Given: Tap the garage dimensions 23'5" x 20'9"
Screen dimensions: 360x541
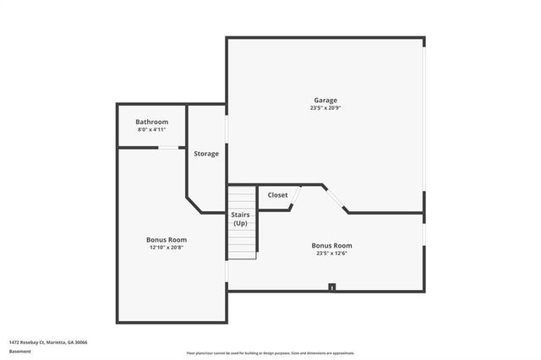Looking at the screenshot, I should pos(325,108).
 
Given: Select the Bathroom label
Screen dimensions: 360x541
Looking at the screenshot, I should pos(152,122).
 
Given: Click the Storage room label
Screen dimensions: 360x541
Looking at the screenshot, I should pos(206,154).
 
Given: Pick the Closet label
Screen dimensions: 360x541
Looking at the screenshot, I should pos(277,195).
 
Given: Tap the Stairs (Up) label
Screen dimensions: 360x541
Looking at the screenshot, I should pos(241,219).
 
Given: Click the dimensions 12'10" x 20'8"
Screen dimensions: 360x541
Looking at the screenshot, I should pos(167,247).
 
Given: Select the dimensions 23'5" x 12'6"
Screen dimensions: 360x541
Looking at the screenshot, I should pos(331,253).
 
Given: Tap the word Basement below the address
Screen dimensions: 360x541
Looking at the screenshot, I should pos(20,350).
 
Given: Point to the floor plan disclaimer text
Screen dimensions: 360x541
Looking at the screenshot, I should pos(270,353).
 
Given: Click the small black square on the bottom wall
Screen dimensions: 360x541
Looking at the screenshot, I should pos(332,287).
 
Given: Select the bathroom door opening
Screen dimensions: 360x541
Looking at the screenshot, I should pos(172,148).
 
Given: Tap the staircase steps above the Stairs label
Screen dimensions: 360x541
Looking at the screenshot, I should pos(242,199).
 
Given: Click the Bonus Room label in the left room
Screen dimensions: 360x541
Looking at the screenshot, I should pos(167,239).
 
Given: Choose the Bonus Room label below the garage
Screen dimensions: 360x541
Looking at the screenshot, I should pos(331,245).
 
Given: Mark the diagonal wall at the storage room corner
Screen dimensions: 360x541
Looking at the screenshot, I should pos(194,205).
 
